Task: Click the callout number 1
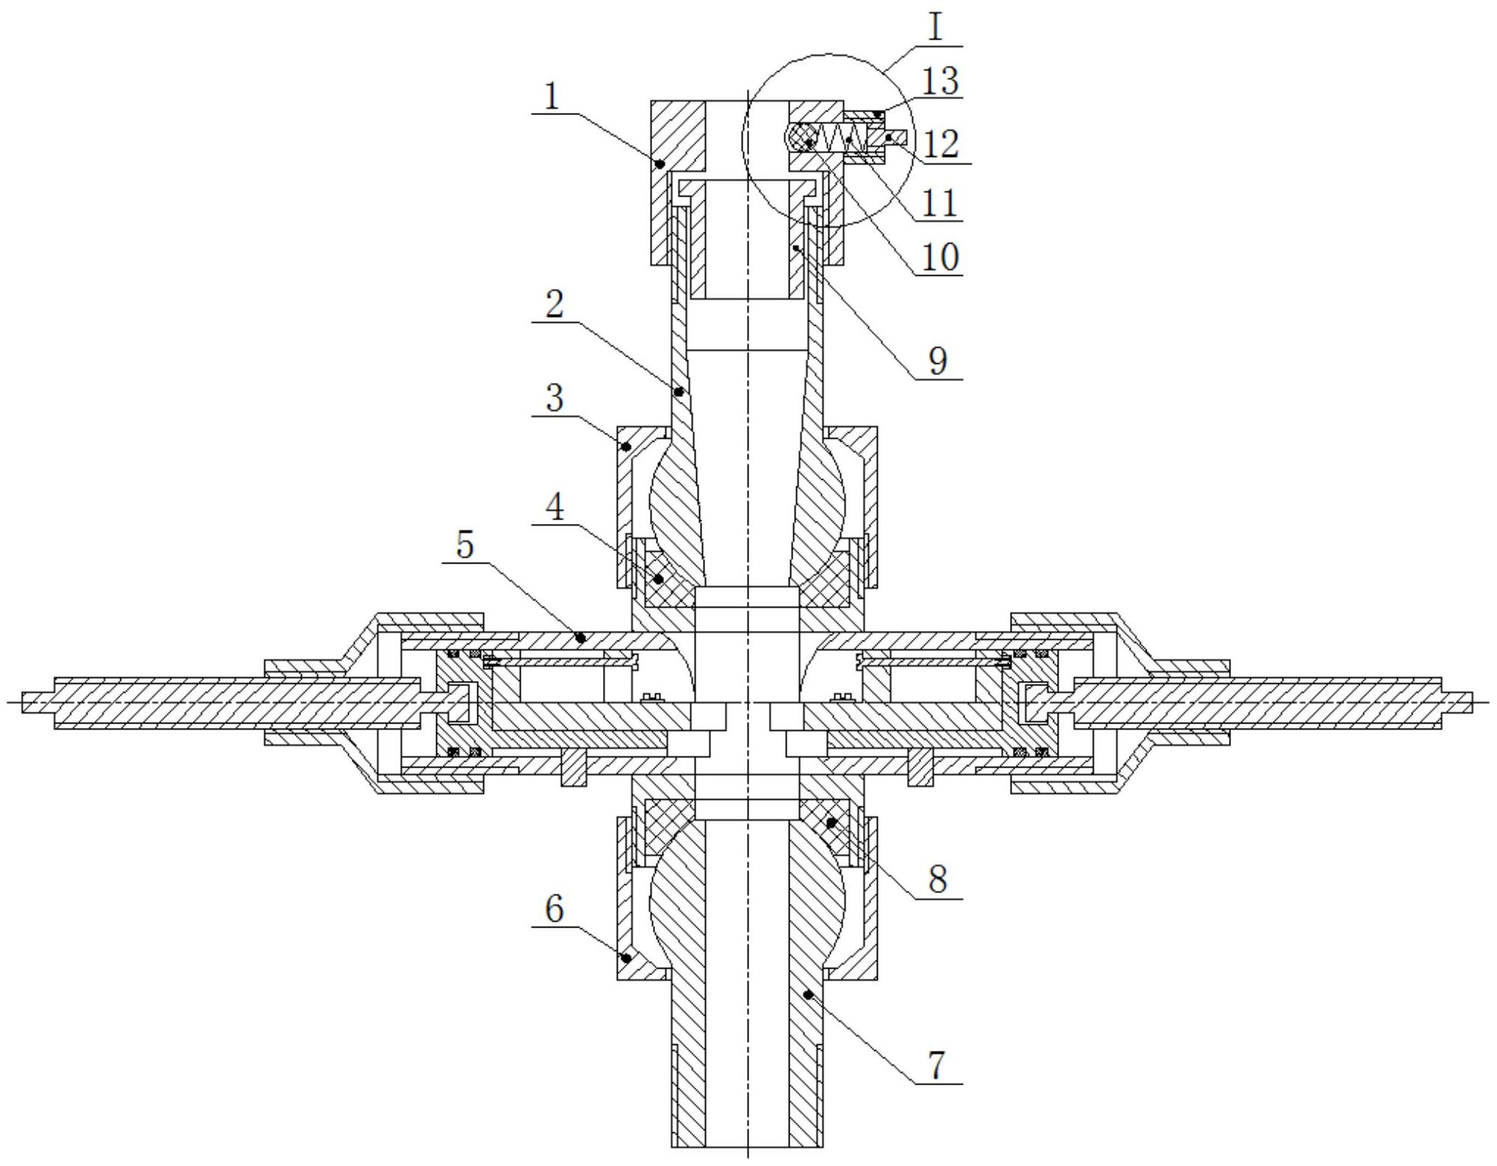[551, 97]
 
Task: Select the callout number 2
[554, 305]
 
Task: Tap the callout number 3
[554, 398]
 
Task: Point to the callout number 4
[554, 508]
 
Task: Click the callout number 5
[465, 545]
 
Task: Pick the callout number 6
[554, 909]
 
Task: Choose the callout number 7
[937, 1064]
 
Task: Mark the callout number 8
[937, 879]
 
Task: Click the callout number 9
[937, 361]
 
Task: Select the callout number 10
[940, 257]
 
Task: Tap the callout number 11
[940, 202]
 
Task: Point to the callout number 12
[940, 144]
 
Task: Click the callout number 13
[940, 81]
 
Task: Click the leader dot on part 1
[660, 163]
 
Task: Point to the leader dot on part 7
[809, 993]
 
